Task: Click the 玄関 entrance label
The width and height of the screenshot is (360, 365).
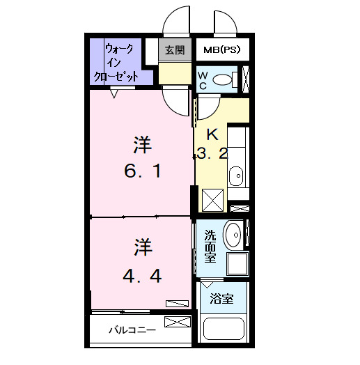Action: pyautogui.click(x=174, y=50)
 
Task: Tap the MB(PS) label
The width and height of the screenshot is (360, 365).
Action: pyautogui.click(x=221, y=50)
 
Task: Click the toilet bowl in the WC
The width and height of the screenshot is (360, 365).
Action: pyautogui.click(x=224, y=79)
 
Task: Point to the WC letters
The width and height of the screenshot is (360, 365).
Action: pyautogui.click(x=203, y=79)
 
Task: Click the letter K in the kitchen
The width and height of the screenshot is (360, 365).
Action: pyautogui.click(x=212, y=134)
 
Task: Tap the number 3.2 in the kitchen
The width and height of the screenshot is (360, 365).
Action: pyautogui.click(x=212, y=155)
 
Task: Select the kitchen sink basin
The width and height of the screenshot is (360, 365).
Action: pyautogui.click(x=236, y=175)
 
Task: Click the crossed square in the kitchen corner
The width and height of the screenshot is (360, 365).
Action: pyautogui.click(x=212, y=200)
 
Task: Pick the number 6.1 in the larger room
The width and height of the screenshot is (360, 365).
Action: pyautogui.click(x=143, y=169)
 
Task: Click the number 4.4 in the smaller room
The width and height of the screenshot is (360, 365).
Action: pyautogui.click(x=143, y=276)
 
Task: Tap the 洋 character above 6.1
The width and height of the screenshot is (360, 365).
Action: pyautogui.click(x=143, y=145)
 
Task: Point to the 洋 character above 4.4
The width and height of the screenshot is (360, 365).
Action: pyautogui.click(x=143, y=247)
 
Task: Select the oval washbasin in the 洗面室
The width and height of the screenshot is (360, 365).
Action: pyautogui.click(x=235, y=234)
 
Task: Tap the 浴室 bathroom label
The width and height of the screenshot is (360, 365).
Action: pyautogui.click(x=221, y=299)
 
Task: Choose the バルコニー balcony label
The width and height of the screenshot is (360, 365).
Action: pyautogui.click(x=132, y=329)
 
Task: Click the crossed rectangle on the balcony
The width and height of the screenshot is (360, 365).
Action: pyautogui.click(x=178, y=323)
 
